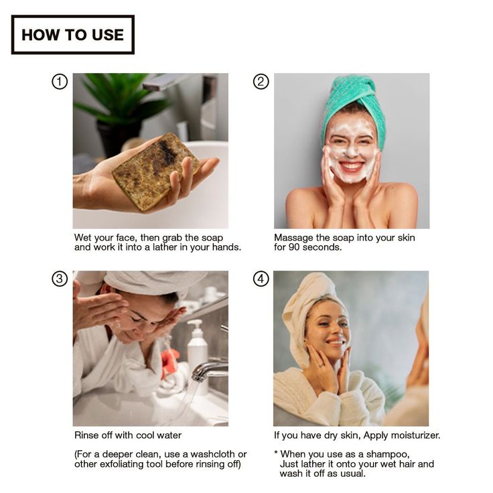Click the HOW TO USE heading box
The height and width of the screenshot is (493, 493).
click(x=72, y=35)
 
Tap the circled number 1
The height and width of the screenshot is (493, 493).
click(x=60, y=82)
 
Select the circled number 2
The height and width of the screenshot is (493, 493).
click(x=261, y=82)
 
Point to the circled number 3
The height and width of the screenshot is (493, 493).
click(x=60, y=279)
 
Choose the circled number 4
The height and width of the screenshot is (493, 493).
click(x=261, y=279)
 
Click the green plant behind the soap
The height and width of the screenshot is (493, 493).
click(x=123, y=100)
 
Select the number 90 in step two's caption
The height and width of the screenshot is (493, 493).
click(x=294, y=247)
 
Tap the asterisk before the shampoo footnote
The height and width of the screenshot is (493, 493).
click(x=276, y=453)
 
